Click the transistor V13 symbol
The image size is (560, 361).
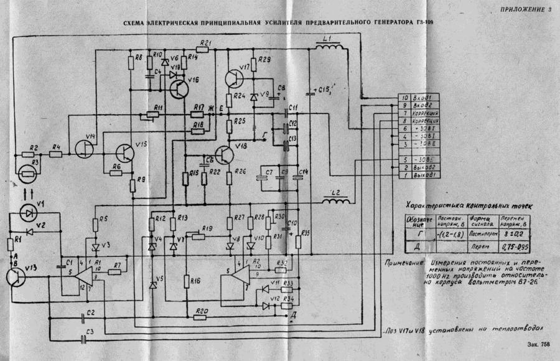click(17, 277)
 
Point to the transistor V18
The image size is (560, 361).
click(224, 152)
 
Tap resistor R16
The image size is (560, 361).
click(186, 281)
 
